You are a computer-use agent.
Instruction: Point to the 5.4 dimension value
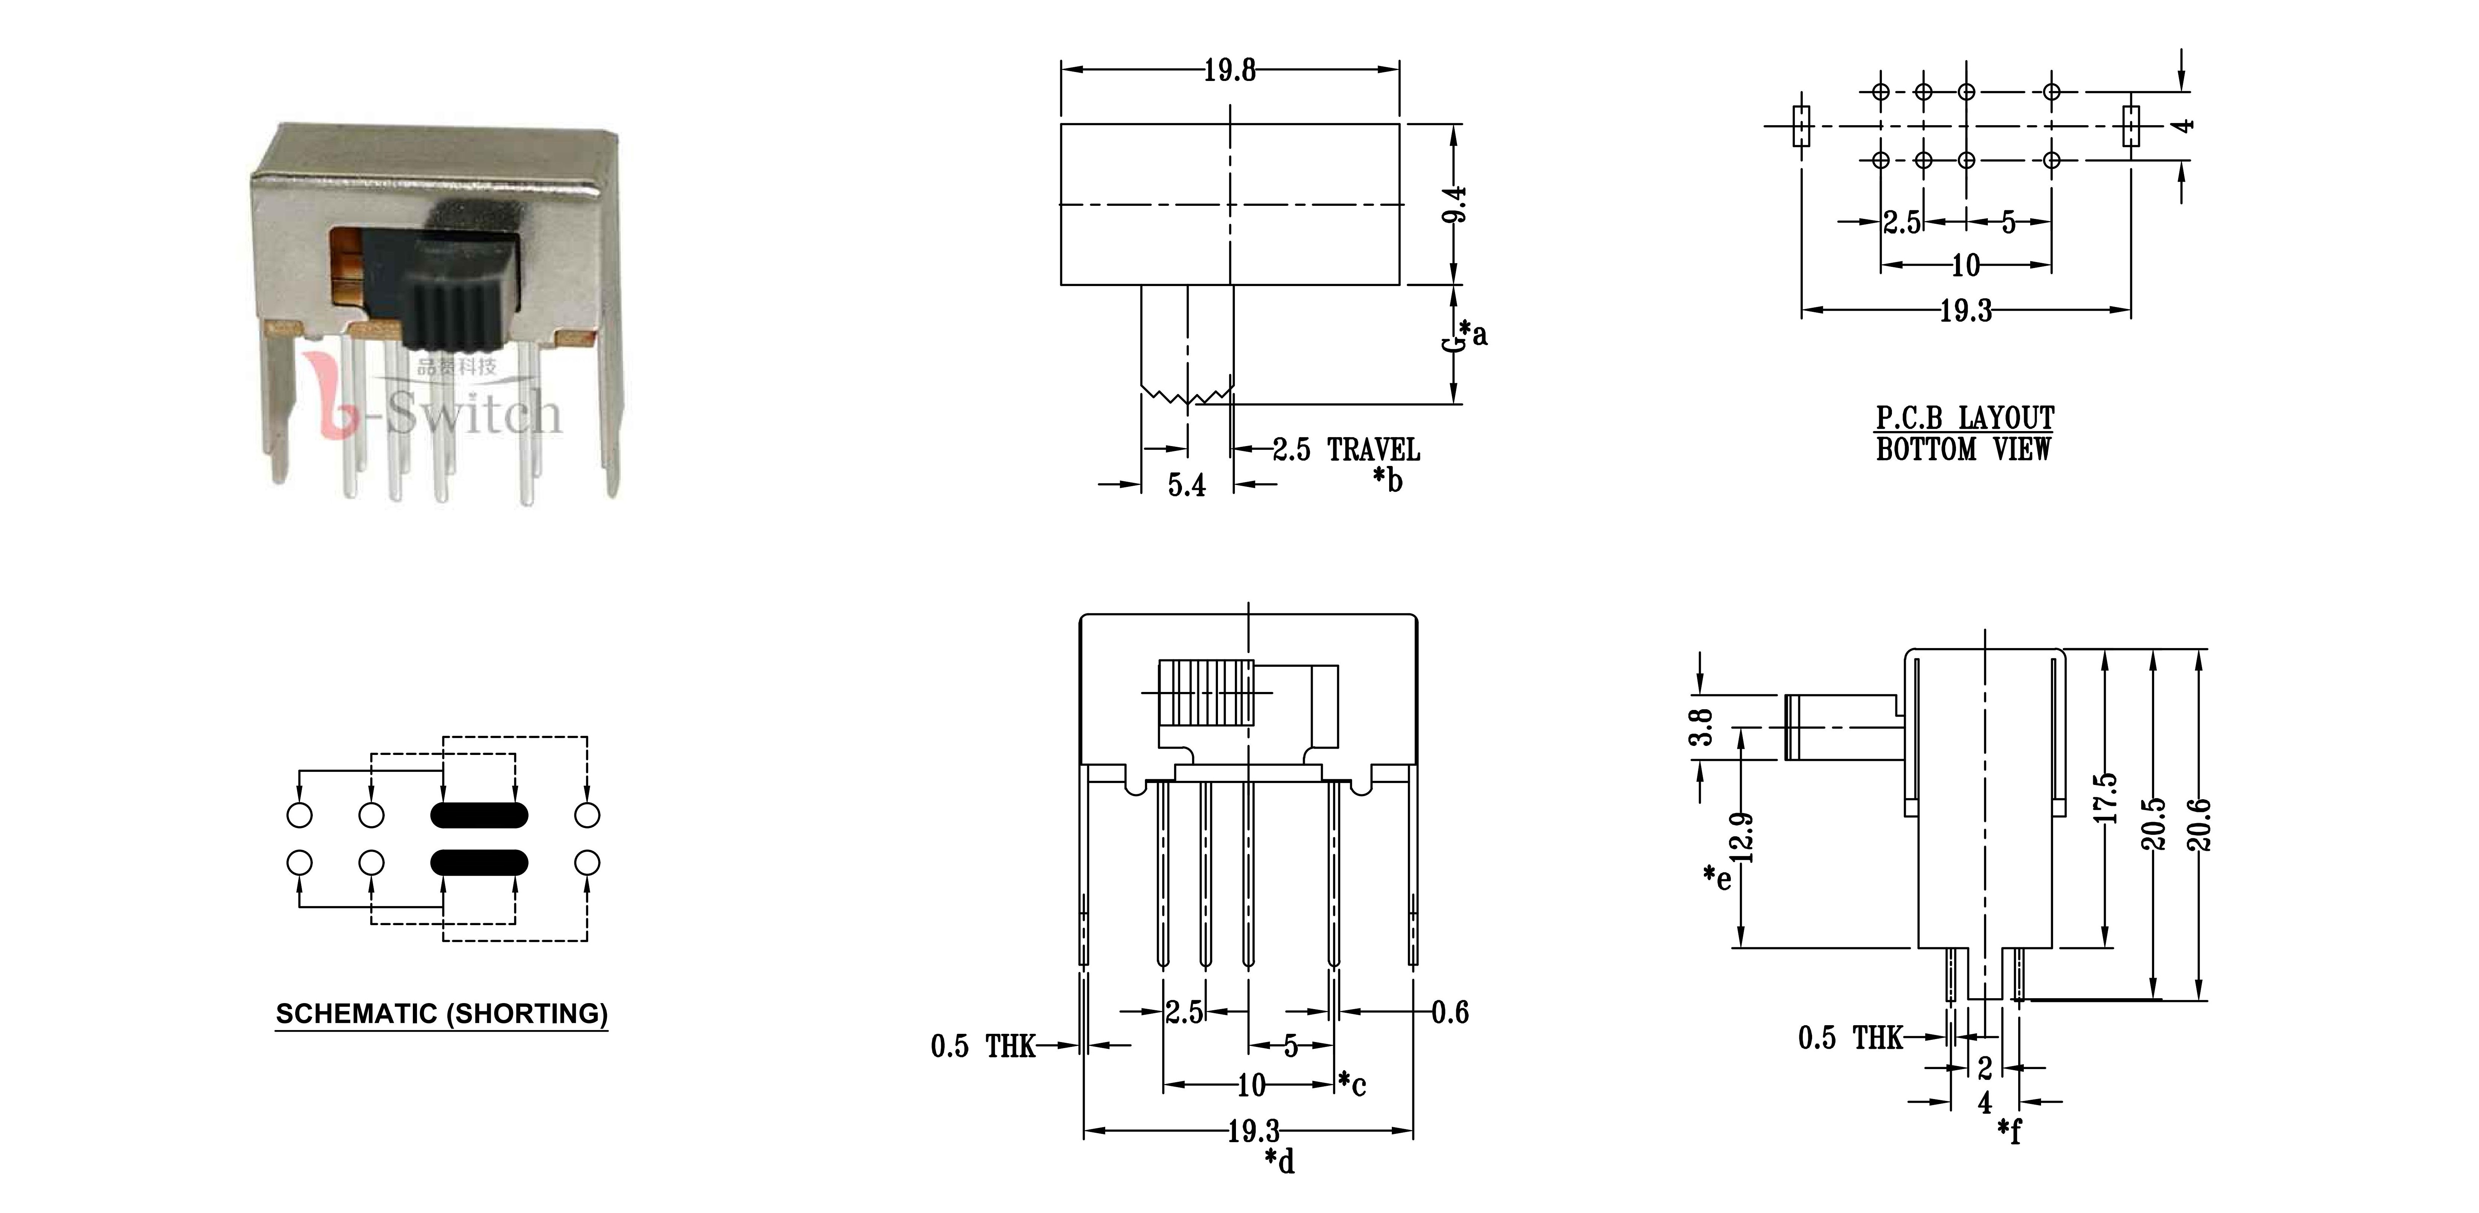click(x=1186, y=485)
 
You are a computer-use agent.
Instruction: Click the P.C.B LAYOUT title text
click(x=1965, y=418)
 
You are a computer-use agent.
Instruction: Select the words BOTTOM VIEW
click(x=1963, y=449)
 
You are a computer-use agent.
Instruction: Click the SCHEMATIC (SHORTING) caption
click(x=442, y=1014)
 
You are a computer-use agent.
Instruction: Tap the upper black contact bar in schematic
click(x=479, y=815)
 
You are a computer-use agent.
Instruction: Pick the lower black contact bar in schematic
click(x=479, y=862)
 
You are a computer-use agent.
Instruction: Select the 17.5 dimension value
click(x=2107, y=797)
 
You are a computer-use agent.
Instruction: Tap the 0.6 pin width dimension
click(x=1450, y=1012)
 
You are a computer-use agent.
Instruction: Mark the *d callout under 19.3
click(x=1280, y=1161)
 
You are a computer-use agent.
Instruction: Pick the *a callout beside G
click(x=1474, y=333)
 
